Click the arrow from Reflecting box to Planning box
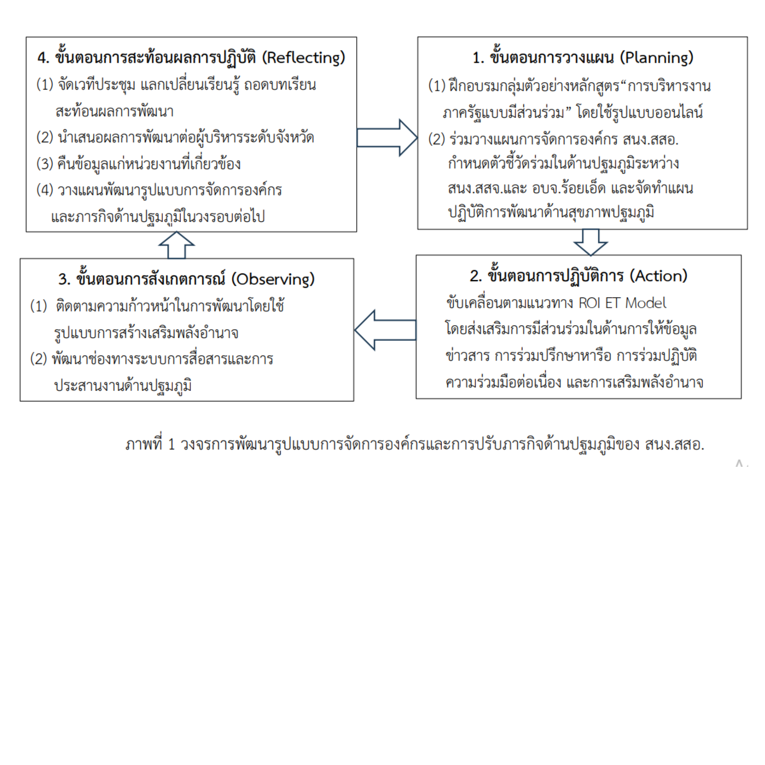pos(387,137)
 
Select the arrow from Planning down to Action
pos(590,242)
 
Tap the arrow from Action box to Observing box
pos(385,330)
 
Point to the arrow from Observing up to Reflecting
pos(177,245)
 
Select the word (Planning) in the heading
pos(656,58)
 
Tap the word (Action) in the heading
pos(658,276)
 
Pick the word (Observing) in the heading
pos(273,279)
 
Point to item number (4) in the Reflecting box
pos(45,190)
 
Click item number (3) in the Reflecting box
pos(45,164)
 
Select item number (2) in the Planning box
pos(437,140)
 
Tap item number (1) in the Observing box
pos(38,306)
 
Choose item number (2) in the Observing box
pos(38,359)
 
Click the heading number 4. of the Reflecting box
pos(43,58)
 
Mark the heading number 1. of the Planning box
pos(478,58)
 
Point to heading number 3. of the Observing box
pos(64,279)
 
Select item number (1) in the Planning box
pos(437,85)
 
